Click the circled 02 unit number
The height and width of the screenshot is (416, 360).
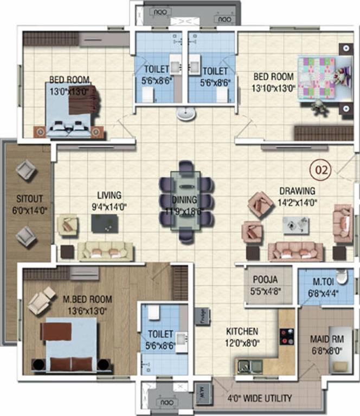tap(320, 170)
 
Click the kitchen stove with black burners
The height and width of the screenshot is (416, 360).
tap(286, 336)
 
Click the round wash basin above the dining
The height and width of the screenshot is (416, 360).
tap(185, 114)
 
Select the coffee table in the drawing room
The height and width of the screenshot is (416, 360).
tap(296, 224)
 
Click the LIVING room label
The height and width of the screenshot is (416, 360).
tap(109, 195)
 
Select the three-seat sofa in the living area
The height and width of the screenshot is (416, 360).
tap(106, 251)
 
